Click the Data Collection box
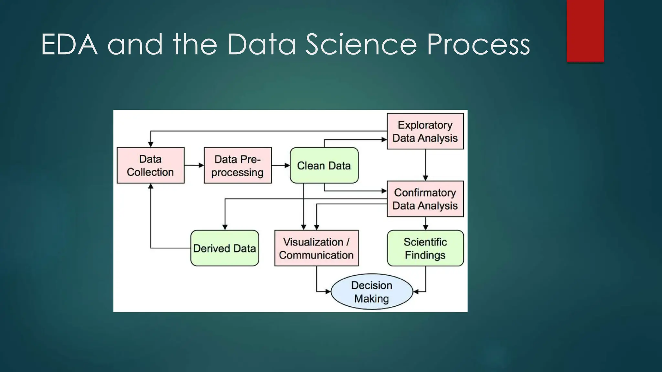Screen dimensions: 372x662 click(150, 165)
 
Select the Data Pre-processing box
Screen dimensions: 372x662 click(238, 165)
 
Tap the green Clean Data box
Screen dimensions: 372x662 click(324, 165)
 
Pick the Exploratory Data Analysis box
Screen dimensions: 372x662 click(425, 131)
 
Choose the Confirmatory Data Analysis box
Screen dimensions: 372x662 click(425, 199)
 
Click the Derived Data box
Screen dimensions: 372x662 click(225, 248)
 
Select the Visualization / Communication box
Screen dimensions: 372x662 click(316, 248)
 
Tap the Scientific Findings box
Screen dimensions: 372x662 click(425, 248)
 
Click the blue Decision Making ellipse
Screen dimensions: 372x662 click(372, 292)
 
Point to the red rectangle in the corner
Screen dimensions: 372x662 click(585, 31)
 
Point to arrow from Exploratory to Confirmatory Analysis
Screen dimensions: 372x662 click(425, 165)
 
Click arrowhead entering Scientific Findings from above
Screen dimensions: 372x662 click(425, 227)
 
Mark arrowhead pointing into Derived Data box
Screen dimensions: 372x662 click(225, 227)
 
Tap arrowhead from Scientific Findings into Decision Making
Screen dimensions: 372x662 click(416, 292)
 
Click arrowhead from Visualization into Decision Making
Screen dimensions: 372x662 click(328, 292)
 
